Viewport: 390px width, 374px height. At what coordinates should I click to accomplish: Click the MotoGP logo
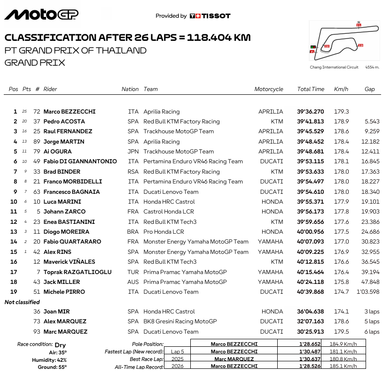click(x=41, y=15)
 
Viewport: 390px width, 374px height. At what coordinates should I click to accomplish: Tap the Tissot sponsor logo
click(x=210, y=16)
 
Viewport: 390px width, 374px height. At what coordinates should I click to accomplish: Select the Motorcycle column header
click(x=269, y=89)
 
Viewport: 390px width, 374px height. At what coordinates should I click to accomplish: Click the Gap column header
click(x=369, y=89)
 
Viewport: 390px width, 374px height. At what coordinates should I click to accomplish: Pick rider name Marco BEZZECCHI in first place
click(x=70, y=112)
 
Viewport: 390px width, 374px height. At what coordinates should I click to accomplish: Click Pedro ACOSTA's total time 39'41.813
click(x=311, y=122)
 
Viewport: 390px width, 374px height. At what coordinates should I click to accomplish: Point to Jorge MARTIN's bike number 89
click(x=37, y=142)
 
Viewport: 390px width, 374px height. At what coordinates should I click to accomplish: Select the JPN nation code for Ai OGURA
click(x=133, y=152)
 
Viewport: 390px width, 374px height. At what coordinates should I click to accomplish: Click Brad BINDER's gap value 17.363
click(x=371, y=172)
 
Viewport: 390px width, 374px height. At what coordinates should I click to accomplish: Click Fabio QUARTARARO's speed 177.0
click(x=341, y=242)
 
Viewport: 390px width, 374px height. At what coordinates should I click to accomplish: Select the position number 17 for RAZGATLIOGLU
click(x=14, y=272)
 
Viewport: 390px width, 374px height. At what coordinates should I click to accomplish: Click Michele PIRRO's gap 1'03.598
click(x=367, y=292)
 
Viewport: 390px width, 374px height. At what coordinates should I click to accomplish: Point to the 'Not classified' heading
click(x=22, y=302)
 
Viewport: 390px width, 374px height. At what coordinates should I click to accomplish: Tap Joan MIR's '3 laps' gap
click(x=371, y=312)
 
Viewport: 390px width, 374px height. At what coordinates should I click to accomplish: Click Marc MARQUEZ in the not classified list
click(x=65, y=332)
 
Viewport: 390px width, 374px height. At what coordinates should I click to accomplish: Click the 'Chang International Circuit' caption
click(x=334, y=68)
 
